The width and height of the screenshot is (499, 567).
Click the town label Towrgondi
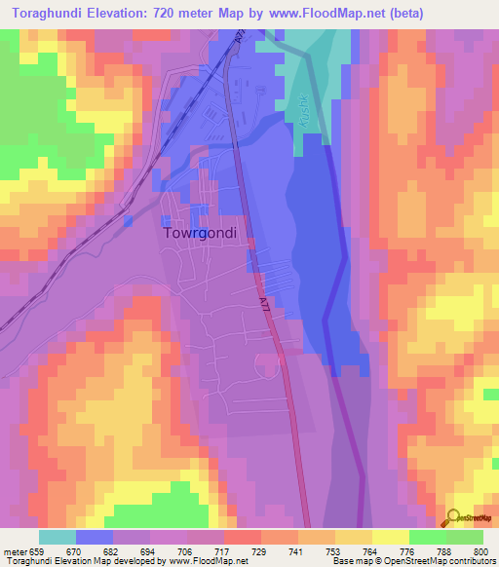[x=204, y=234]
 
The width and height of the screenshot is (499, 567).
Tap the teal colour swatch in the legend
[x=58, y=537]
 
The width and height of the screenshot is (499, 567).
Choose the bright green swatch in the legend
[x=427, y=537]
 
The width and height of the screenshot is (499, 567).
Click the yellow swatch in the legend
[x=390, y=537]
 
